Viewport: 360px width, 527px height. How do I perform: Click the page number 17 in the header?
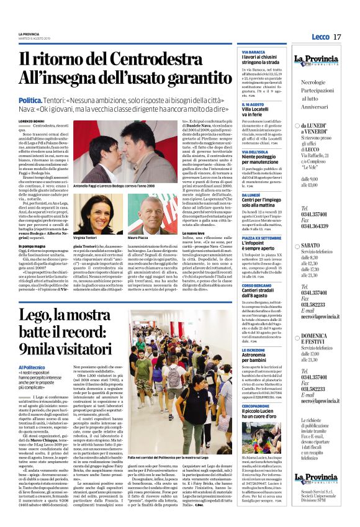click(x=337, y=37)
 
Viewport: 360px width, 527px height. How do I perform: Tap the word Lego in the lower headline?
click(x=36, y=316)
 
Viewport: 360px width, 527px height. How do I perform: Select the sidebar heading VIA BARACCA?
click(x=253, y=52)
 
